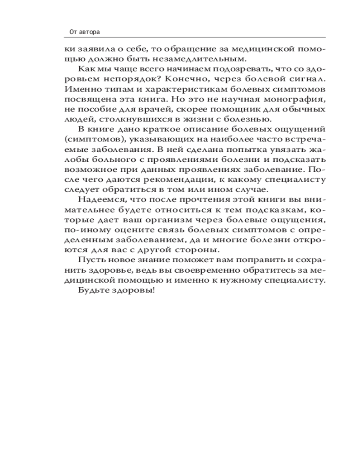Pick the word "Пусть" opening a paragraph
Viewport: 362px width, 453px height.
[89, 260]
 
